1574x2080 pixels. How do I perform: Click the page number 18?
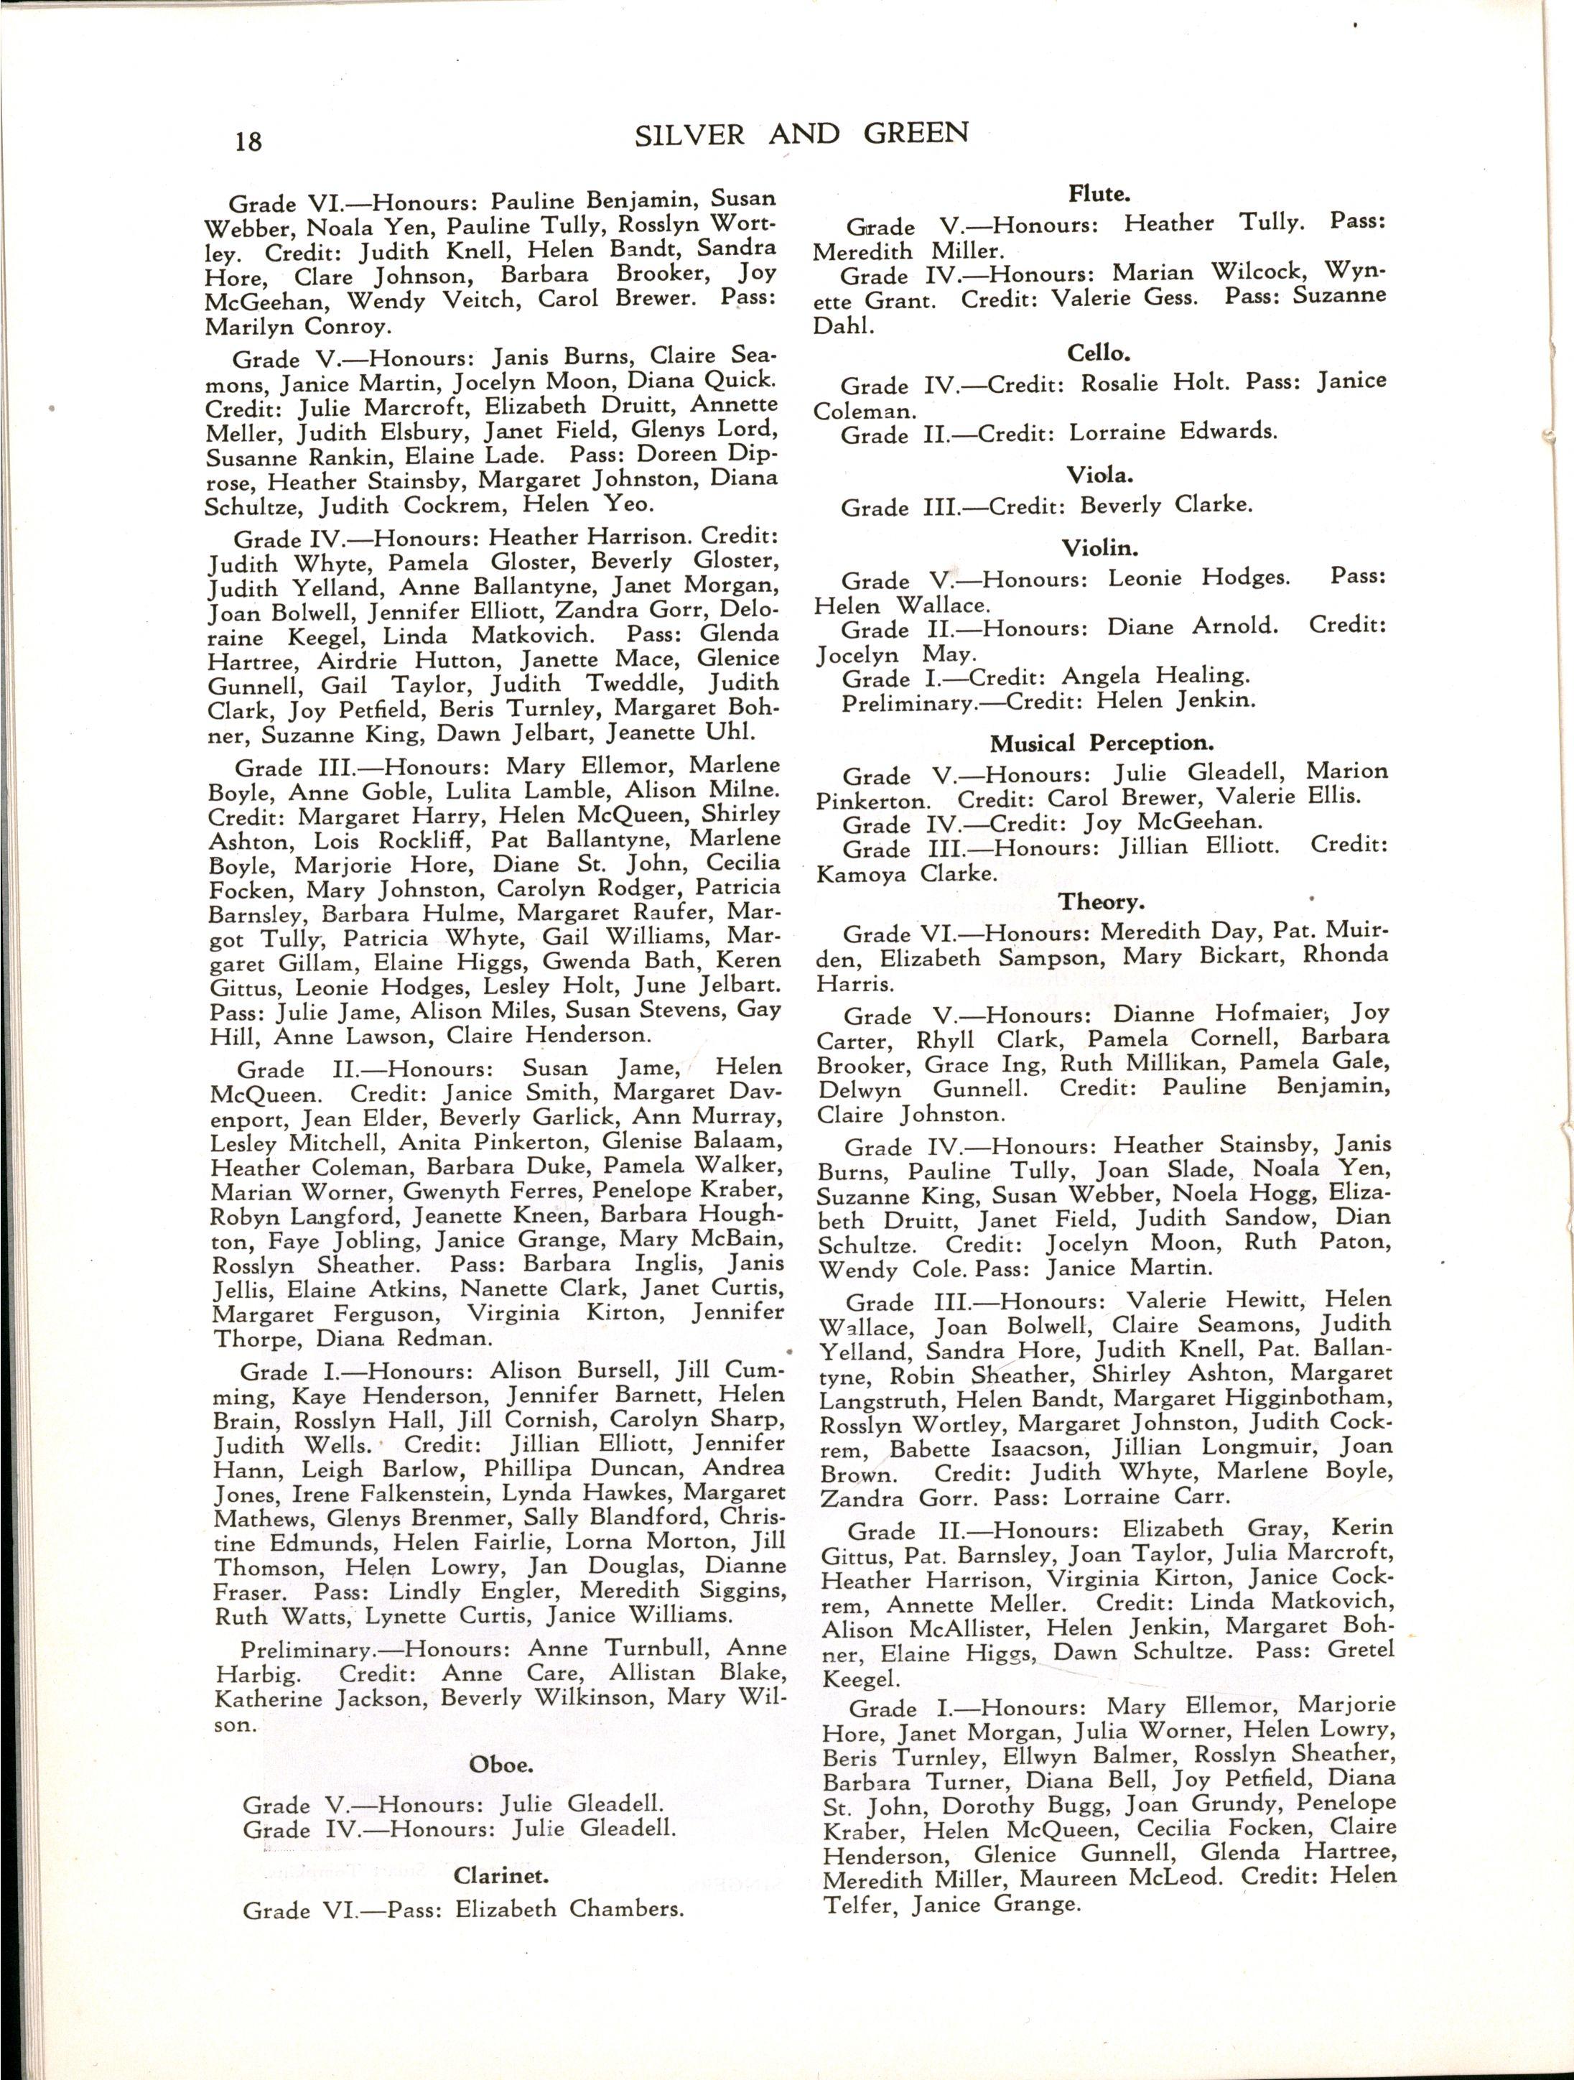249,141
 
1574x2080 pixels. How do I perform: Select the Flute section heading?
1098,195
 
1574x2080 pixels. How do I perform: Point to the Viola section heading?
1098,474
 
